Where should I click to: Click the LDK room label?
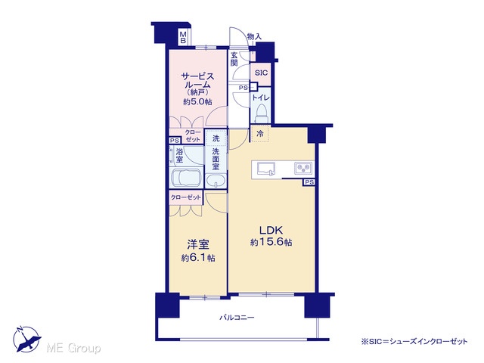271,230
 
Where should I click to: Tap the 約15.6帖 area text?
271,242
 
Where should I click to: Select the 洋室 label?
198,244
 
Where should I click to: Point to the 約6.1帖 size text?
198,258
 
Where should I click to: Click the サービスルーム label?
197,80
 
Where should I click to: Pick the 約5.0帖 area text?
197,101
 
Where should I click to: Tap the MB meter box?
183,36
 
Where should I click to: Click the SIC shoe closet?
261,73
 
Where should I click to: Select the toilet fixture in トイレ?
262,113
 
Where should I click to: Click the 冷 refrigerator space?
260,134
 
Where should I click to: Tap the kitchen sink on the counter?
266,169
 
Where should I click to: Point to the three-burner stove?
303,168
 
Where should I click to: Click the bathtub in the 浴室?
186,178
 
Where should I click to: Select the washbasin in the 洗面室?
216,181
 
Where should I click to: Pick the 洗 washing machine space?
216,138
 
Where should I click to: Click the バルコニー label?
237,318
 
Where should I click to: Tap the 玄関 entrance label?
234,59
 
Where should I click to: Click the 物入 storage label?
254,36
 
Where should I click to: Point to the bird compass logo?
26,340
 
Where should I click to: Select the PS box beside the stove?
309,182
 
